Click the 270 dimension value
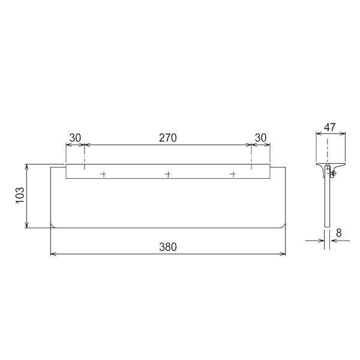click(x=167, y=137)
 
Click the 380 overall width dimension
click(x=168, y=247)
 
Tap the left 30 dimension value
click(x=75, y=137)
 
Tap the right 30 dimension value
click(x=260, y=137)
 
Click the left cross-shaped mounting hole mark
click(x=103, y=174)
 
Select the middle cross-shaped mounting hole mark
click(x=167, y=174)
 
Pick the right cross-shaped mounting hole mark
click(x=232, y=174)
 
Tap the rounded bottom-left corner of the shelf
click(x=53, y=226)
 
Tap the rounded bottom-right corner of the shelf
click(x=283, y=226)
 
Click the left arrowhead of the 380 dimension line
click(x=53, y=254)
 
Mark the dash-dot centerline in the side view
click(x=328, y=150)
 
